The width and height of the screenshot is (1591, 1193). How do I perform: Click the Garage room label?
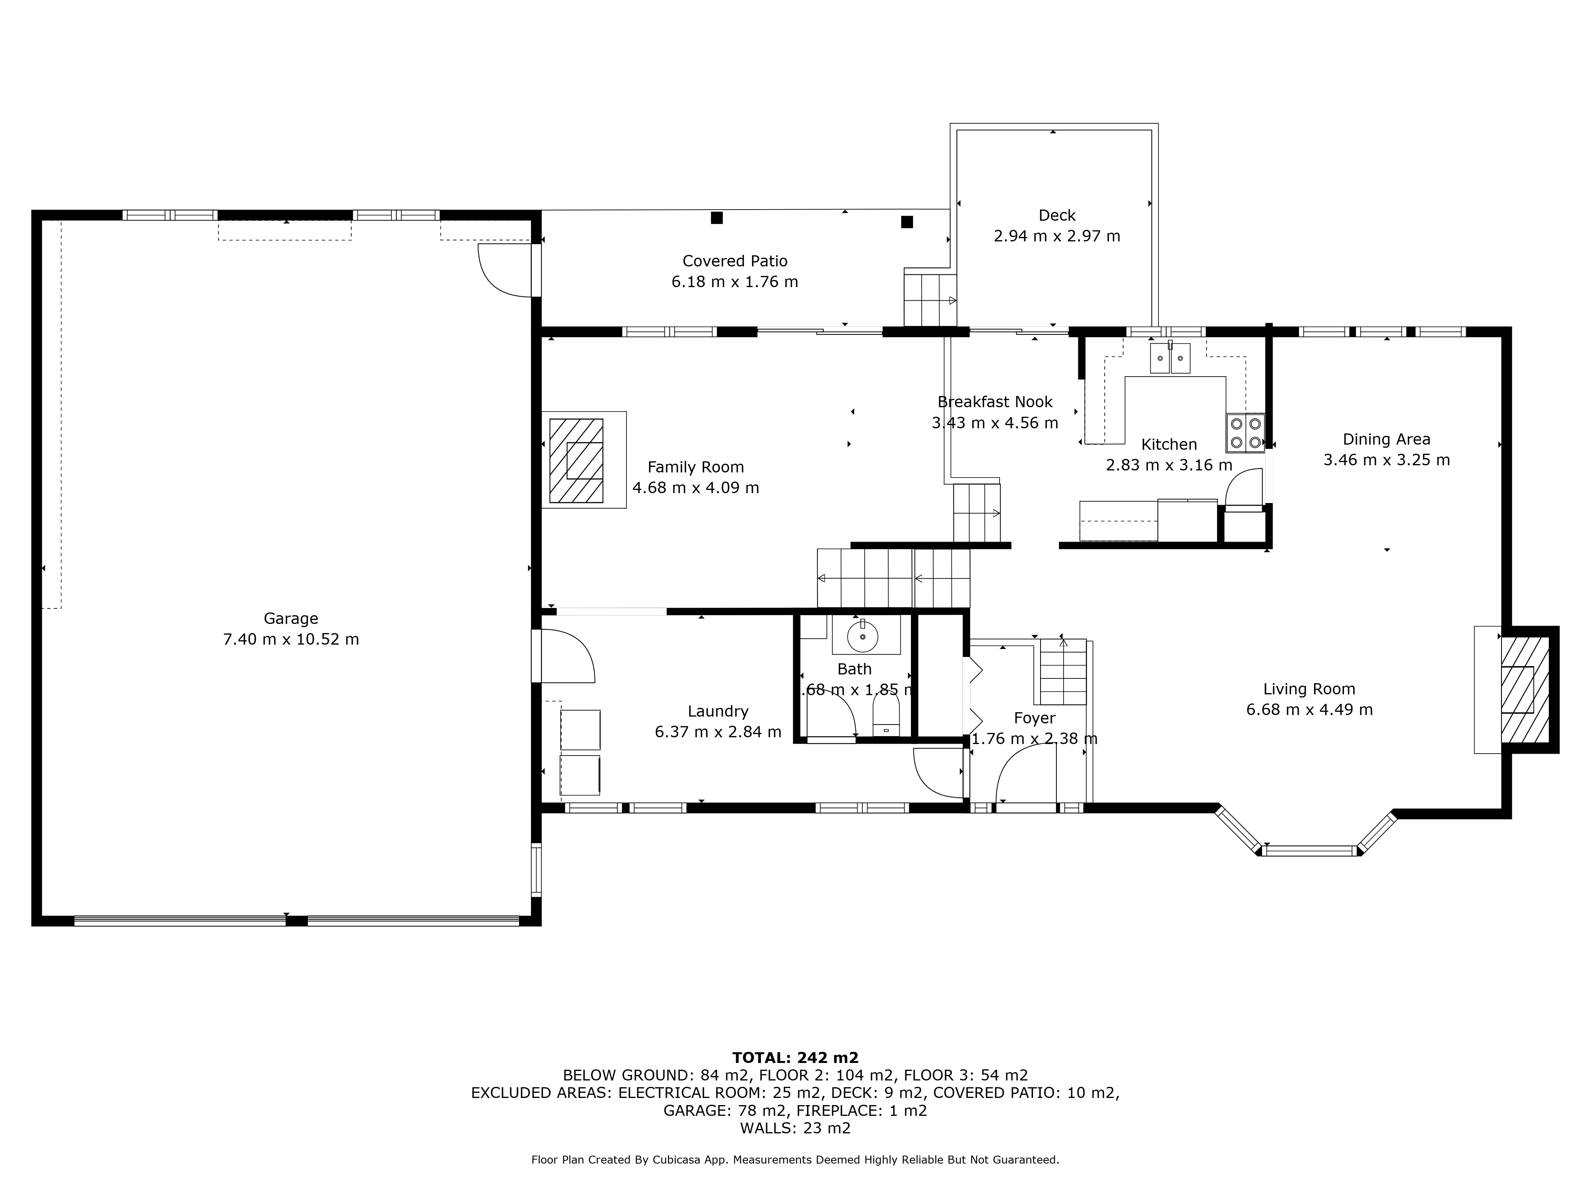pos(291,618)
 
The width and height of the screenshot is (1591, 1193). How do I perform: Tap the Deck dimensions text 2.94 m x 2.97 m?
pos(1056,236)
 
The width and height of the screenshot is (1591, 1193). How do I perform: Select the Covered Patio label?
pos(734,261)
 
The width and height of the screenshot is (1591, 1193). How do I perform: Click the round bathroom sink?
pos(862,636)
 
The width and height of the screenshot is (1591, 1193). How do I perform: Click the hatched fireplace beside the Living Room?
pos(1524,690)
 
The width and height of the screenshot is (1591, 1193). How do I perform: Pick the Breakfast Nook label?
pos(995,402)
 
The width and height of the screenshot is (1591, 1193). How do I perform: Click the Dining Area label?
pos(1386,439)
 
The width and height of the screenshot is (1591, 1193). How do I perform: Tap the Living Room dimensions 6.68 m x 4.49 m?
pos(1309,710)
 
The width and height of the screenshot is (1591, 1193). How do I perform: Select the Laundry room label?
pos(718,711)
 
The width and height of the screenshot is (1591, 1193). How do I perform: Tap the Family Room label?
pos(696,467)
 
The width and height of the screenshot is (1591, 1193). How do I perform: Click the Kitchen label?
pos(1169,445)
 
